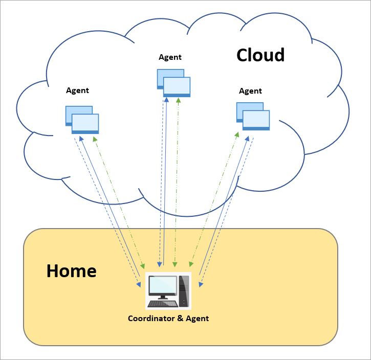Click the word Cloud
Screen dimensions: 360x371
coord(260,55)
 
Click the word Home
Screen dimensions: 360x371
coord(71,271)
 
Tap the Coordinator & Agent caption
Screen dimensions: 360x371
coord(168,319)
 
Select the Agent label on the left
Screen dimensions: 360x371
coord(77,91)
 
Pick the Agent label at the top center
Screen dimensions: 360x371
coord(170,57)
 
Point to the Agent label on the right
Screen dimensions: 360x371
coord(250,91)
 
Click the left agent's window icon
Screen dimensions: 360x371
coord(82,120)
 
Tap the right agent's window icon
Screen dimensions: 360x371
coord(253,116)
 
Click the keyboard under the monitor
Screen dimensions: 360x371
coord(163,304)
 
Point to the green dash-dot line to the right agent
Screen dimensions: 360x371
coord(215,199)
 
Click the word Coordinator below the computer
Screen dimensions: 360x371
coord(149,319)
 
